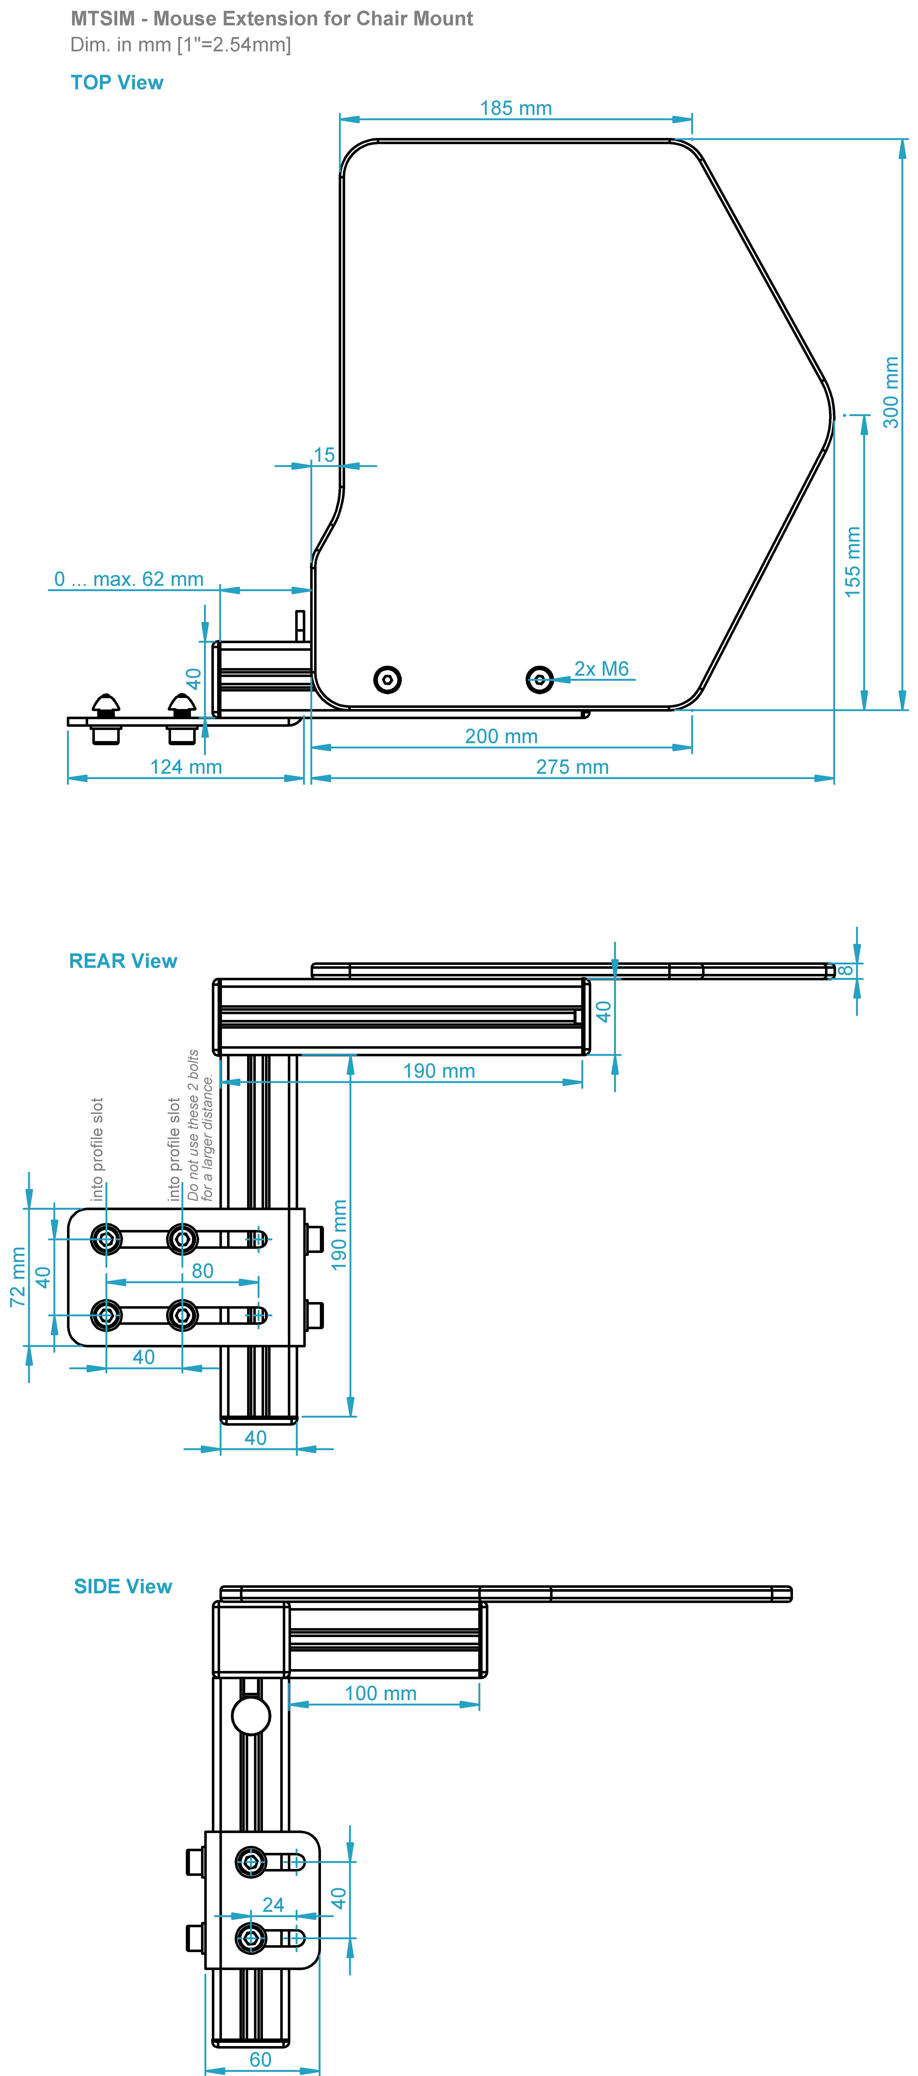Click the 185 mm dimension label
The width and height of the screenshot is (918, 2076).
pyautogui.click(x=516, y=108)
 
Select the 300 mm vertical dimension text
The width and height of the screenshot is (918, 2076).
pyautogui.click(x=891, y=392)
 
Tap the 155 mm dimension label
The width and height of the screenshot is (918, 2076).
pyautogui.click(x=853, y=562)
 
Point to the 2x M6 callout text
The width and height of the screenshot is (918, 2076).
pyautogui.click(x=601, y=669)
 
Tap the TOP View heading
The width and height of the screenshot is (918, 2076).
pyautogui.click(x=117, y=82)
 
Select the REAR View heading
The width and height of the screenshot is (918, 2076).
pyautogui.click(x=122, y=961)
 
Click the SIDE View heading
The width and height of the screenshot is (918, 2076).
pyautogui.click(x=122, y=1586)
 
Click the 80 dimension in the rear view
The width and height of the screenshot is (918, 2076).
pyautogui.click(x=202, y=1271)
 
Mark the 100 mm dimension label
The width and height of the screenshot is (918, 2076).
pyautogui.click(x=380, y=1693)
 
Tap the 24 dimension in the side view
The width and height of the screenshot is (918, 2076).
pyautogui.click(x=273, y=1904)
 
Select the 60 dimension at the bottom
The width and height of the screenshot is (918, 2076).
pyautogui.click(x=260, y=2059)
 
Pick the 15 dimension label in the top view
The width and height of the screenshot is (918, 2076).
pyautogui.click(x=324, y=455)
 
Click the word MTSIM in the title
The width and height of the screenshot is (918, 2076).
pyautogui.click(x=102, y=18)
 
